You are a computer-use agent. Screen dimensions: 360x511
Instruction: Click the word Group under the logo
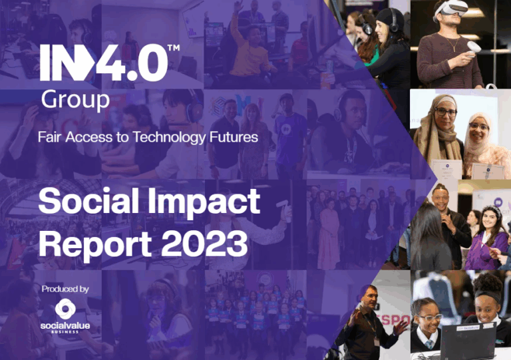[75, 100]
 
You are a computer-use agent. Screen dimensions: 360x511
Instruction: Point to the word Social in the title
[88, 201]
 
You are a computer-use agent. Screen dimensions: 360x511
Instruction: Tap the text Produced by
[65, 289]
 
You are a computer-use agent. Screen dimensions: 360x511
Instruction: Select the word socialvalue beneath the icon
[65, 325]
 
